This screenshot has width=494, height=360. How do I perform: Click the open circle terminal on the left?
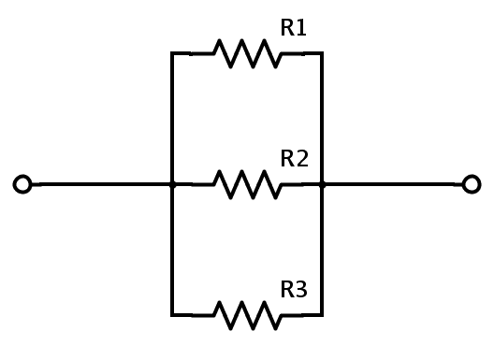click(x=23, y=184)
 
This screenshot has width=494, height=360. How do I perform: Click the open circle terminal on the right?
click(x=472, y=184)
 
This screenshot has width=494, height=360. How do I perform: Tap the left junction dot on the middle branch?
click(x=172, y=184)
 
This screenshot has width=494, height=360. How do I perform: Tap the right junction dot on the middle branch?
click(x=322, y=184)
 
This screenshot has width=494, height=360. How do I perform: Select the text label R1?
click(x=294, y=28)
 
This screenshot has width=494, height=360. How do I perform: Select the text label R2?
click(x=294, y=159)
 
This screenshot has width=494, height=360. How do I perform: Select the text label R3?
click(x=294, y=290)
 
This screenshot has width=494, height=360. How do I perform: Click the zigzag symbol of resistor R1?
click(x=247, y=53)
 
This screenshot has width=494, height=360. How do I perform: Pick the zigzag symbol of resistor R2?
click(x=247, y=184)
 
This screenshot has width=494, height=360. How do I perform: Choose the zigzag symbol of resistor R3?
click(x=247, y=315)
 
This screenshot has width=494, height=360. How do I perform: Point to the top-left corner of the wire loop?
click(x=172, y=53)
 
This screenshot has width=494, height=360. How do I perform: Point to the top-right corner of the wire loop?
click(x=322, y=53)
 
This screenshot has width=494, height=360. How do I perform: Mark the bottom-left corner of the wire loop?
click(x=172, y=315)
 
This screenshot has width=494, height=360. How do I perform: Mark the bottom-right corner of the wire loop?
click(x=322, y=315)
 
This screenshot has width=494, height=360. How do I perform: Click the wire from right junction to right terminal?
click(x=393, y=184)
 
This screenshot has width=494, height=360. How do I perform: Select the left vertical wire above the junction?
click(x=172, y=119)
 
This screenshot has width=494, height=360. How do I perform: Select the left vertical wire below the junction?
click(x=172, y=250)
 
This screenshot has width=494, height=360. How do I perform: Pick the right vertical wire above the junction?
click(x=322, y=119)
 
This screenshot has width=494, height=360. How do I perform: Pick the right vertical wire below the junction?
click(x=322, y=250)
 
